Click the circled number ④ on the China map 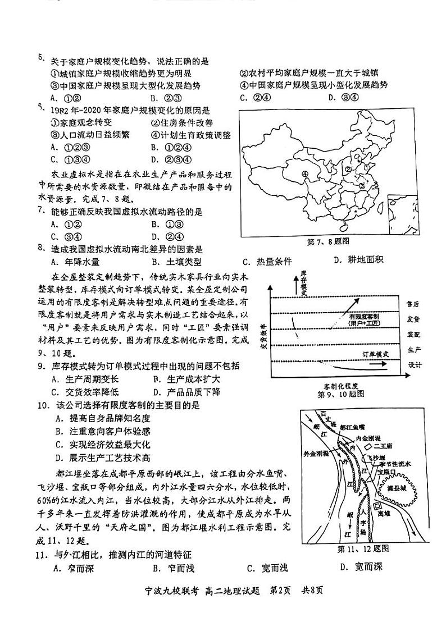point(306,174)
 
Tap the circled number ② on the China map point(348,168)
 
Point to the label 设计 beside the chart point(414,365)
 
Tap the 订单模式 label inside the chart point(374,355)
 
